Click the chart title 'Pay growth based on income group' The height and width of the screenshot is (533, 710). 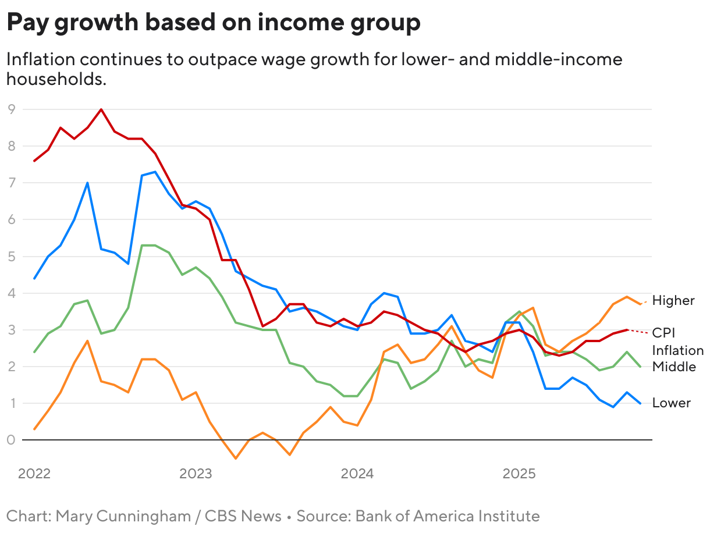point(213,23)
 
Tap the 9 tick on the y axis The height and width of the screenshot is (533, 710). point(10,109)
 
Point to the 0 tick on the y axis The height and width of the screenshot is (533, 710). point(10,440)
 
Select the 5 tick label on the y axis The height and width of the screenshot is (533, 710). point(10,256)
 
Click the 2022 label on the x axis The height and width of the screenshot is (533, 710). point(34,474)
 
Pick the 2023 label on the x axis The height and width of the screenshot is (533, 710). point(196,474)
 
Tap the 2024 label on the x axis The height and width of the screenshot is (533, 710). point(357,474)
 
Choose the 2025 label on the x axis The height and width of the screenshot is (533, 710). point(519,474)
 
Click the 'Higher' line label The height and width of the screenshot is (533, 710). point(673,300)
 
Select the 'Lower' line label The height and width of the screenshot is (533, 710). point(671,403)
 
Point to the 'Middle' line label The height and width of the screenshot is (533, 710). point(674,367)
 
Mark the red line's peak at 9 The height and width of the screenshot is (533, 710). point(101,109)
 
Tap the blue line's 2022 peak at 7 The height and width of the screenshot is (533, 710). point(87,183)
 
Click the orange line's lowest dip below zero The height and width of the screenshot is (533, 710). point(236,459)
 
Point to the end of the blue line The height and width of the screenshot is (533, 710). point(640,403)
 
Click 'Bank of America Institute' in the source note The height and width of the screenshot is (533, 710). point(448,516)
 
